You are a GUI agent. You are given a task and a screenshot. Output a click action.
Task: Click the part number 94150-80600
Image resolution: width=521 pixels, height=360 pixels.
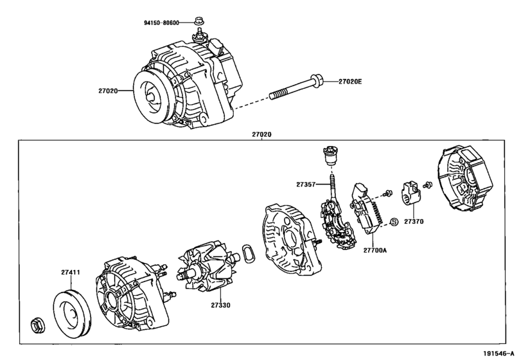tap(161, 23)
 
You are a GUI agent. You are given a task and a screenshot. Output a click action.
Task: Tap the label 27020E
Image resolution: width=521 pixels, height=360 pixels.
tap(350, 82)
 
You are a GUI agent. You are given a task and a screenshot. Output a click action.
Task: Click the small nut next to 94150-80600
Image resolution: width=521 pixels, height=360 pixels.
tap(199, 21)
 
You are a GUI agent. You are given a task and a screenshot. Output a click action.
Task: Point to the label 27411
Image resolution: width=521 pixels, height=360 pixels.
tap(71, 272)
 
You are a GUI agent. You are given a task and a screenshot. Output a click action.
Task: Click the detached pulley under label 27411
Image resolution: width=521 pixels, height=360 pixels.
tap(71, 314)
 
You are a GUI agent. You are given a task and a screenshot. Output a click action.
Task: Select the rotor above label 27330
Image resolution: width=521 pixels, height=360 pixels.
tap(209, 266)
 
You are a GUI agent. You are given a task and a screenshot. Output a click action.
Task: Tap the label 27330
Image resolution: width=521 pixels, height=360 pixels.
tap(220, 305)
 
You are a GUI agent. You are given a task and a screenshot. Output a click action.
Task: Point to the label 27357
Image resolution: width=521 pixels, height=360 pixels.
tap(306, 184)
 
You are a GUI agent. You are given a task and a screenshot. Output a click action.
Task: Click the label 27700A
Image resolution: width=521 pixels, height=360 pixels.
tap(375, 250)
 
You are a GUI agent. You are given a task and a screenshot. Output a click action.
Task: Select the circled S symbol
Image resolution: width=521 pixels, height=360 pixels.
tap(394, 222)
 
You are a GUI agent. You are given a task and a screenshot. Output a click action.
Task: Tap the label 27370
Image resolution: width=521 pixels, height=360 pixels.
tap(414, 221)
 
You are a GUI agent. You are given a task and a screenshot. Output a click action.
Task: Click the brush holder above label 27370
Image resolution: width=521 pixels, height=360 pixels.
tap(412, 193)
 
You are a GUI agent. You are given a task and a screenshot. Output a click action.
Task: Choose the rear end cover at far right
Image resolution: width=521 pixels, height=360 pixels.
tap(464, 178)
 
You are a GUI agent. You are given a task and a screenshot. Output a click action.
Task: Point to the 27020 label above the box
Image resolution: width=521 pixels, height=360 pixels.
tap(261, 134)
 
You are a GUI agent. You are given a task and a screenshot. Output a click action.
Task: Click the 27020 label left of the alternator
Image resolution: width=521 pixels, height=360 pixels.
tap(108, 91)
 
